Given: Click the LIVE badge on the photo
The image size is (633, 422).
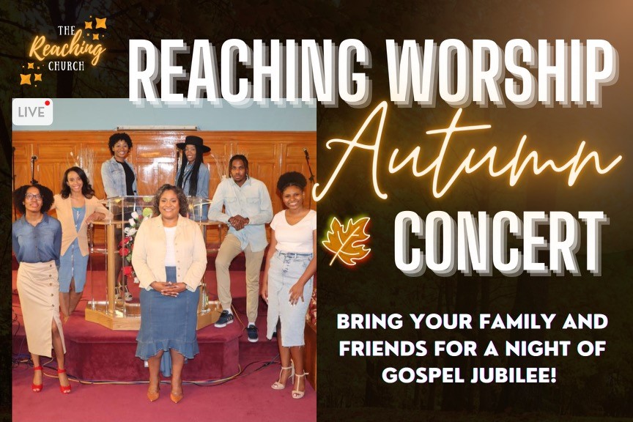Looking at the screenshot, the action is click(x=33, y=112).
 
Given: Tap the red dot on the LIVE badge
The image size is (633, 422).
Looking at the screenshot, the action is click(x=48, y=103).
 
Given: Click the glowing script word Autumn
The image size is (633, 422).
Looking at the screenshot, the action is click(x=468, y=155).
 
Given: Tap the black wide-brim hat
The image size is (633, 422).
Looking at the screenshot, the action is click(x=193, y=144).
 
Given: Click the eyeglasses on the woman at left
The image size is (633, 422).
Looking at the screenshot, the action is click(x=34, y=196).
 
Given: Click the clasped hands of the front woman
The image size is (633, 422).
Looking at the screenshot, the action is click(x=169, y=287).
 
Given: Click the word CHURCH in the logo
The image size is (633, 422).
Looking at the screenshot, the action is click(x=66, y=66).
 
